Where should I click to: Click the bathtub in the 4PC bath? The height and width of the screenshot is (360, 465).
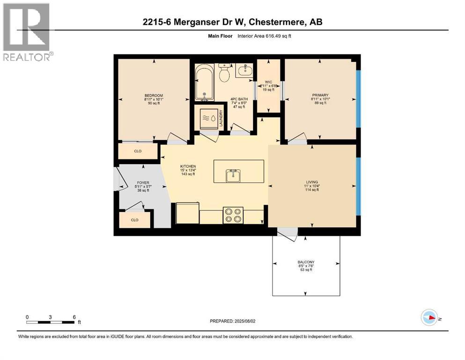pos(205,83)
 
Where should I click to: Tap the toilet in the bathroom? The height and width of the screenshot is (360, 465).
pos(224,73)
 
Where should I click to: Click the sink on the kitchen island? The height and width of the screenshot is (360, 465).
pos(233,175)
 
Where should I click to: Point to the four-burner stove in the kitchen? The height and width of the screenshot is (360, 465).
pos(233,215)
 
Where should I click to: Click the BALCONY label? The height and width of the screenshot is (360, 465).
pos(306,262)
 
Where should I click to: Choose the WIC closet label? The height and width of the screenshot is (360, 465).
pos(268,82)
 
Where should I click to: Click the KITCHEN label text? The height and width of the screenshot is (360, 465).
pos(188,166)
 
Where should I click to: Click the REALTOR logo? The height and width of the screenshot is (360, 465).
pos(27,32)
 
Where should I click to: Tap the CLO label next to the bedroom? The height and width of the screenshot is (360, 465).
pos(138,151)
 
